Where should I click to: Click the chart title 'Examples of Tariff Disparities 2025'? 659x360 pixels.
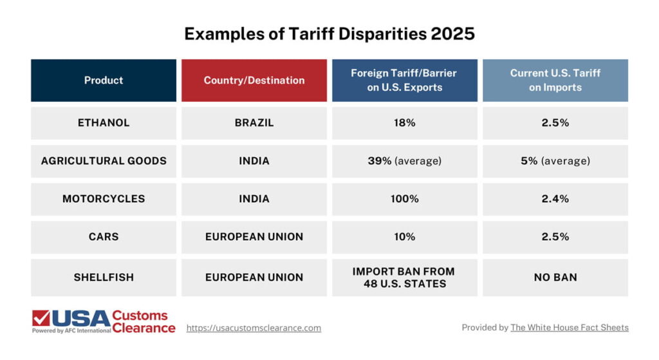(329, 33)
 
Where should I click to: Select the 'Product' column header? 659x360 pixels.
(104, 81)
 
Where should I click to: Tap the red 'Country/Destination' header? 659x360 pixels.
(254, 81)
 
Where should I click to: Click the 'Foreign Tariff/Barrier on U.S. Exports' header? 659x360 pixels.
(405, 81)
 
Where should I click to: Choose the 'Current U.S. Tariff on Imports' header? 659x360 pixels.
(555, 81)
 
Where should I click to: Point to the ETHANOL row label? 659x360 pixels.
(104, 123)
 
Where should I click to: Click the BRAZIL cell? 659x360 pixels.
(254, 123)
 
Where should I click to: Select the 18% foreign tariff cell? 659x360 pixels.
(405, 123)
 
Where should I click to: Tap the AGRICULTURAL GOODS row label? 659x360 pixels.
(104, 161)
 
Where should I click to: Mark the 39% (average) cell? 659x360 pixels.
(405, 161)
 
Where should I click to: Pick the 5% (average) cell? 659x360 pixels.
(555, 161)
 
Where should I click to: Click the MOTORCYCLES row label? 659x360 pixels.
(104, 199)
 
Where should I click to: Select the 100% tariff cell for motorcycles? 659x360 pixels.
(405, 199)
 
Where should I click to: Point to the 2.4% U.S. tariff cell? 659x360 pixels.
(555, 199)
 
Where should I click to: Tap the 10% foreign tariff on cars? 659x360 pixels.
(405, 237)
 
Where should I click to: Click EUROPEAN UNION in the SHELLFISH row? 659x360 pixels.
(254, 278)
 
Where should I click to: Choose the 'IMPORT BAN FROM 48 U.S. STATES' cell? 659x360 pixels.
(405, 278)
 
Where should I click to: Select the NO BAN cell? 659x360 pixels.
(555, 278)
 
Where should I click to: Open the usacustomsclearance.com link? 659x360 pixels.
(254, 328)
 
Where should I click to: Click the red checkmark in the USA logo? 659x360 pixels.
(41, 318)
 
